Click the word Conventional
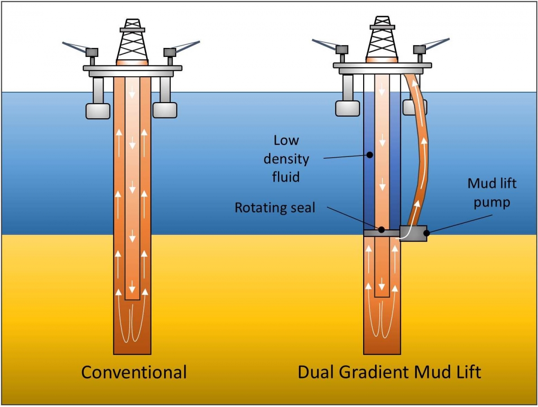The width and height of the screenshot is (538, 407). (x=134, y=372)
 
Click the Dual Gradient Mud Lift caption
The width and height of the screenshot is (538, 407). (x=389, y=372)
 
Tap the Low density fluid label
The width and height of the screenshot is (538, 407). (x=286, y=158)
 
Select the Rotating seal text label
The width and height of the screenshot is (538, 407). (x=275, y=208)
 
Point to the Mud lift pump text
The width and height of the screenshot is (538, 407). (x=492, y=193)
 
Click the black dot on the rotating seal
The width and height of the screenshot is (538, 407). (x=381, y=230)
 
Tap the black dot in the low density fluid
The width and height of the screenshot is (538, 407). (x=370, y=155)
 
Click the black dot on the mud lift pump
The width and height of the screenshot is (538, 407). (x=427, y=233)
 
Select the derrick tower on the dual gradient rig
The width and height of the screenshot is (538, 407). (x=382, y=40)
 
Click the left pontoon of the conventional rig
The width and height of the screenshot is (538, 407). (x=98, y=110)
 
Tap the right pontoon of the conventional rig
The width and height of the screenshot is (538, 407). (x=165, y=110)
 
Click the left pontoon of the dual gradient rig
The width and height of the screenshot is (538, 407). (x=347, y=108)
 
